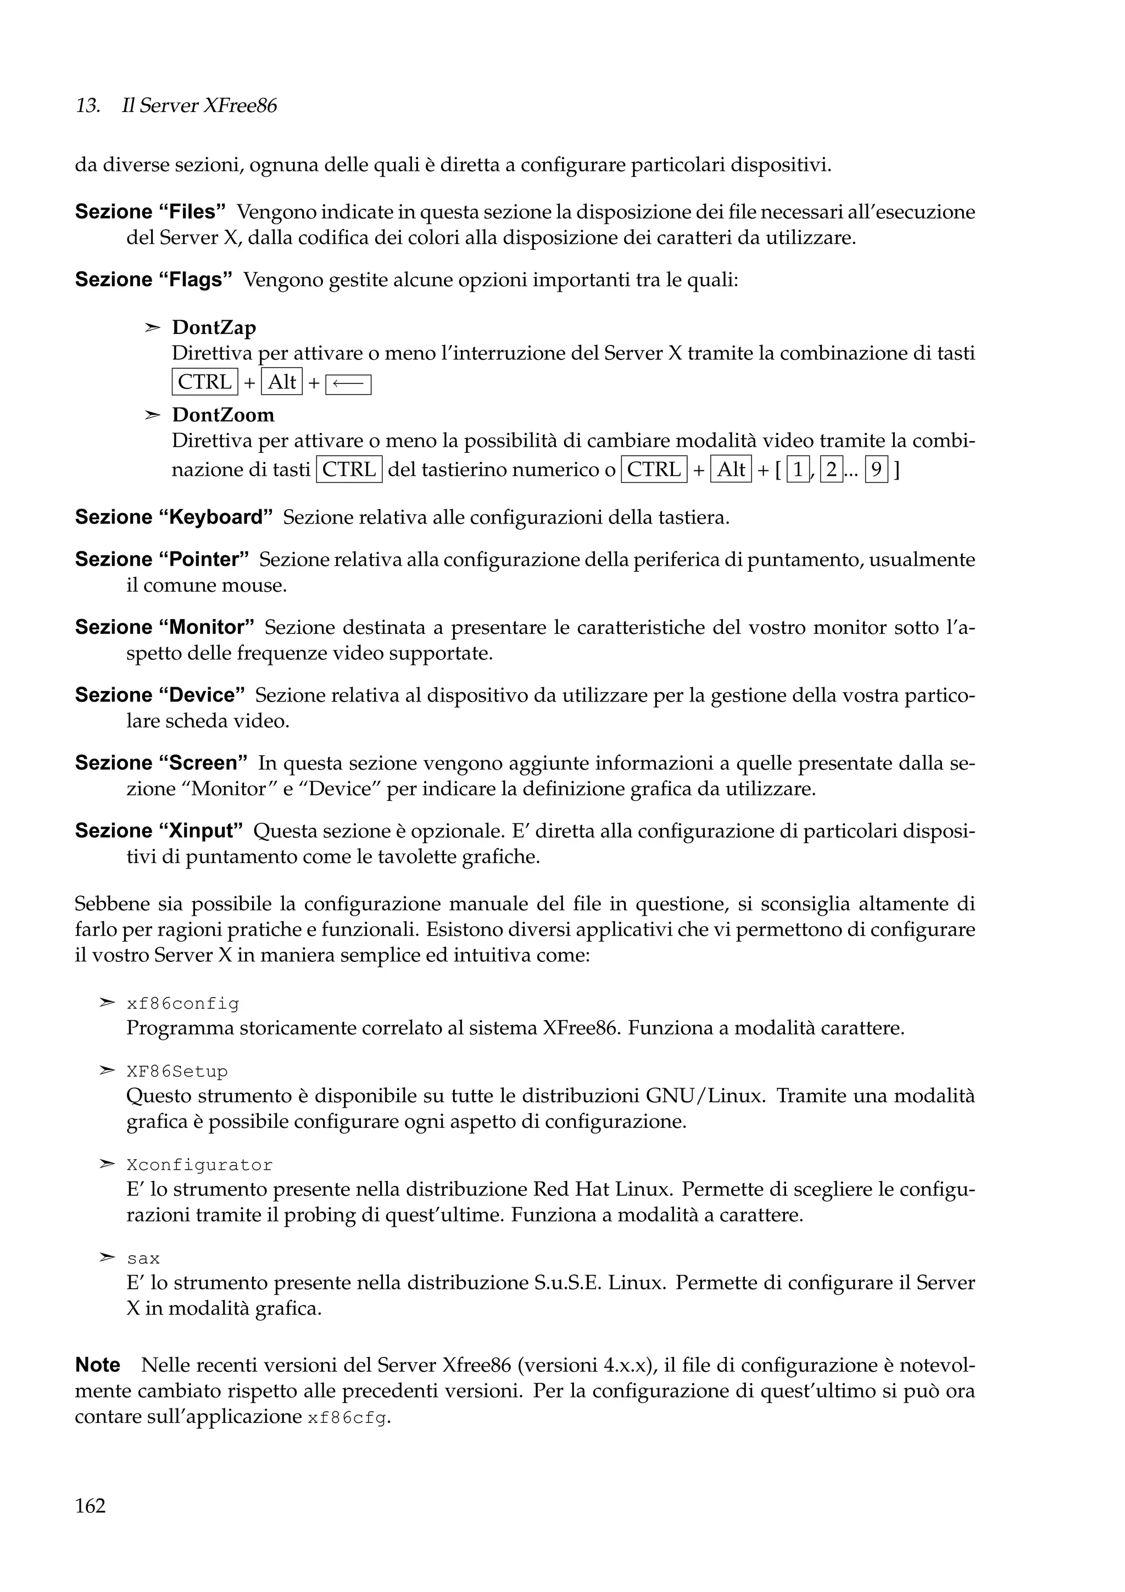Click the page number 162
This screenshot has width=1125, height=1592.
[x=90, y=1506]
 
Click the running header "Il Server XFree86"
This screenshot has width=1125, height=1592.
[x=199, y=106]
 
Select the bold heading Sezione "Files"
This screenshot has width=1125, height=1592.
[x=151, y=211]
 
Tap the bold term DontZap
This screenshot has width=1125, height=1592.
[x=214, y=327]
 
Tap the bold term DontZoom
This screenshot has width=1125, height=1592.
[x=222, y=415]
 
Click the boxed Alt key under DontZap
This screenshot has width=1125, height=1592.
[x=281, y=382]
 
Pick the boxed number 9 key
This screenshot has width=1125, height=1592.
[x=876, y=470]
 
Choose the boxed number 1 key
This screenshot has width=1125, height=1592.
[x=798, y=470]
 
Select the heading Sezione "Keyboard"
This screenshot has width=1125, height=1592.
[x=173, y=517]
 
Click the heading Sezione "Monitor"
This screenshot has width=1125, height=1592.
[x=164, y=627]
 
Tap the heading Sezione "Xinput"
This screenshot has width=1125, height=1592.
[x=159, y=831]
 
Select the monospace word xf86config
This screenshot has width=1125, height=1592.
[x=182, y=1004]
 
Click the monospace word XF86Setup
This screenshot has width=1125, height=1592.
[x=177, y=1072]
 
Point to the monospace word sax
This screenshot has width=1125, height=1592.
[x=143, y=1259]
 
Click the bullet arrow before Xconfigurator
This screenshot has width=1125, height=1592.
[x=106, y=1164]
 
